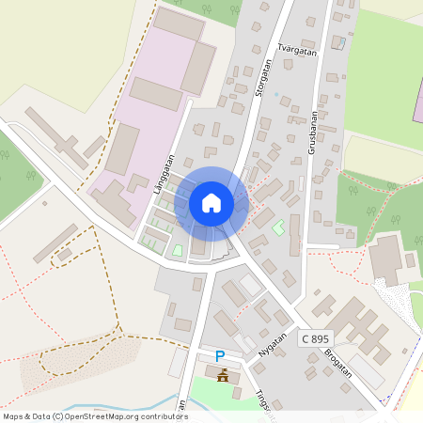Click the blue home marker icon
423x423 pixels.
tap(211, 202)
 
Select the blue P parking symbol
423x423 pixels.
tap(220, 356)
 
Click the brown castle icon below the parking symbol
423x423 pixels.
tap(223, 376)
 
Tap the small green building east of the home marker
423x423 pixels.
tap(278, 227)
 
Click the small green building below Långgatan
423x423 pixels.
tap(178, 250)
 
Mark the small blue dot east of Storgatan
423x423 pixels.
tap(275, 95)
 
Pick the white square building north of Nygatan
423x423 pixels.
tap(250, 284)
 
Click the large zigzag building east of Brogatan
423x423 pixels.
tap(352, 324)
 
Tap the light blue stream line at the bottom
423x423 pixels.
tap(122, 406)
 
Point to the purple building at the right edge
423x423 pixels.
tap(418, 99)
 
